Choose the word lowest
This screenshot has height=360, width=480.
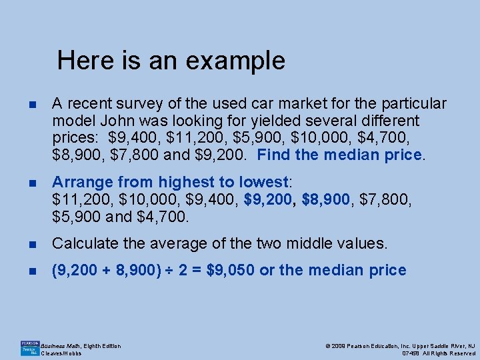tap(267, 182)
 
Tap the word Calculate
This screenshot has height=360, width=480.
tap(83, 243)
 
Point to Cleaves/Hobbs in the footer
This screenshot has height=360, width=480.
tap(61, 353)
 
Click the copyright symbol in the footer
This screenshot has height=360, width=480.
tap(327, 346)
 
